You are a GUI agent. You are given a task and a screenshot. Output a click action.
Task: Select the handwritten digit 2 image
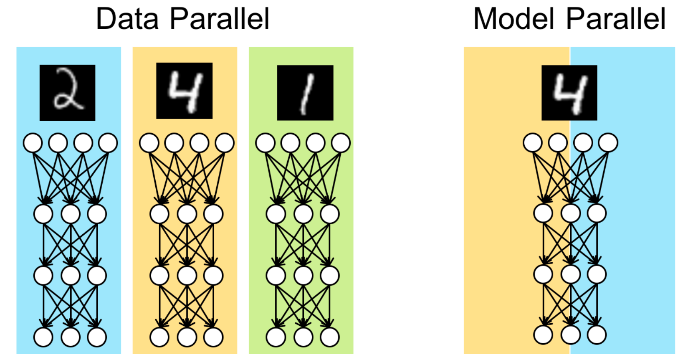[67, 93]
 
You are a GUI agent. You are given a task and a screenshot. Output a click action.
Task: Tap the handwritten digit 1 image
[305, 93]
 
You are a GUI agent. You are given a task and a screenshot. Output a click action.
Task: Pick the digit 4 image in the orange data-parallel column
[184, 91]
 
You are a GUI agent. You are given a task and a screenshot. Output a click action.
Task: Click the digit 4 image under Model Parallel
[569, 93]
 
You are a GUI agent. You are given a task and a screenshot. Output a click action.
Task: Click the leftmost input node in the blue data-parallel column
[33, 143]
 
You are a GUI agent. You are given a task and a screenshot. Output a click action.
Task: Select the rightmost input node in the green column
[341, 143]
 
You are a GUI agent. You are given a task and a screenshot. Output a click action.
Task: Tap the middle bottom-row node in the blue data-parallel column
[71, 337]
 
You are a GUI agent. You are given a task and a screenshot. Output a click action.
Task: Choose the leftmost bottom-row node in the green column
[276, 337]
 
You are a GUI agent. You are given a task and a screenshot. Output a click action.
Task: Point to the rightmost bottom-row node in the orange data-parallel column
[213, 337]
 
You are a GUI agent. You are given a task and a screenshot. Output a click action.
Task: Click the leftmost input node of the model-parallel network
[533, 143]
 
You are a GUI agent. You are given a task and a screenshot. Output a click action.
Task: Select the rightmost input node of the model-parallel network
[608, 143]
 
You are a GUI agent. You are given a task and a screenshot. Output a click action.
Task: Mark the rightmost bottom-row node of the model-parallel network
[597, 335]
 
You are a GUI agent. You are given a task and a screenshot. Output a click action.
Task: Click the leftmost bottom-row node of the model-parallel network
[543, 335]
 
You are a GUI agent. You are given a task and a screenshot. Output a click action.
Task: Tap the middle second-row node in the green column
[303, 214]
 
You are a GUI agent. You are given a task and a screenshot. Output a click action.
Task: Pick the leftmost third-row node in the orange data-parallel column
[159, 276]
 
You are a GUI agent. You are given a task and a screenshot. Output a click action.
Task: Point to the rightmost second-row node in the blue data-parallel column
[97, 214]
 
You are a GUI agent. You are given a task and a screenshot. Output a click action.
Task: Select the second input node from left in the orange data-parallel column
[174, 143]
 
